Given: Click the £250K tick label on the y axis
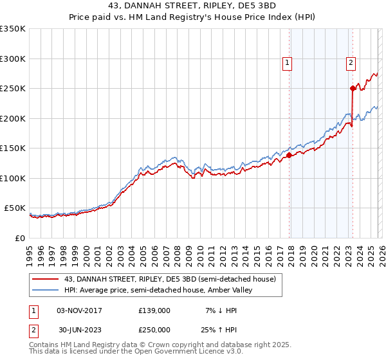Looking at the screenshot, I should pos(13,88).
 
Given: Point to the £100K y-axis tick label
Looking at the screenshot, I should pos(13,178).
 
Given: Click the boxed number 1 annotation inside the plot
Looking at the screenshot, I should pos(286,63).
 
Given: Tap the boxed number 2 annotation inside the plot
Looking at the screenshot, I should pos(351,63).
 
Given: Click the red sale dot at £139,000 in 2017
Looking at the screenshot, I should pos(289,155).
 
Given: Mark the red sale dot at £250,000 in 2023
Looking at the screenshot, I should pos(353,88).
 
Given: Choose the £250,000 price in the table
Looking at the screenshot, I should pos(154,330).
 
